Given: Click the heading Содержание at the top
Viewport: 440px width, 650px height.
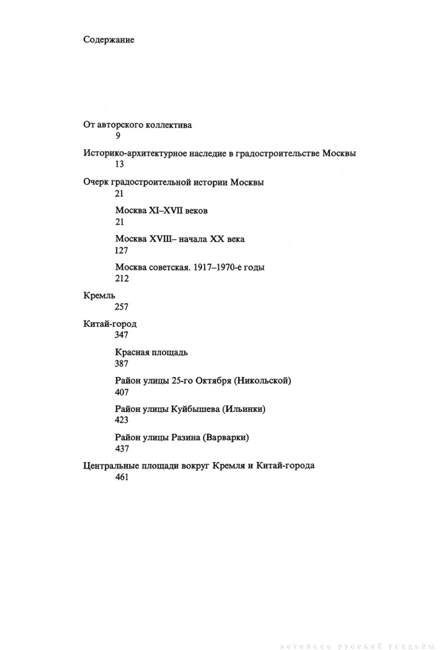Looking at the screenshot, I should tap(109, 40).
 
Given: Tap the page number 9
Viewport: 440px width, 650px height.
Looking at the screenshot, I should tap(118, 136).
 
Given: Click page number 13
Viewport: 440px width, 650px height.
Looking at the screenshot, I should tap(120, 165).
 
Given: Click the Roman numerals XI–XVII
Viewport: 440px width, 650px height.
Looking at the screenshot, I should tap(167, 210).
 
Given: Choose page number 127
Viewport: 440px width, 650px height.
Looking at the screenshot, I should tap(122, 250).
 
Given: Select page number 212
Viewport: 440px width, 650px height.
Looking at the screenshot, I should tap(122, 278).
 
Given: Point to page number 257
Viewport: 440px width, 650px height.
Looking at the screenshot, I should tap(122, 307).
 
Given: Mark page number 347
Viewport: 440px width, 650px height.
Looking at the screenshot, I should tap(122, 335).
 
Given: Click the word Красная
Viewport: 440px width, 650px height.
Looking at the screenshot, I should tap(132, 352).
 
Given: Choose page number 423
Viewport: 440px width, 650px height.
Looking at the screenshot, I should tap(122, 420).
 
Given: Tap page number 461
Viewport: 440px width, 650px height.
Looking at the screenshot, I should tap(122, 477).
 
